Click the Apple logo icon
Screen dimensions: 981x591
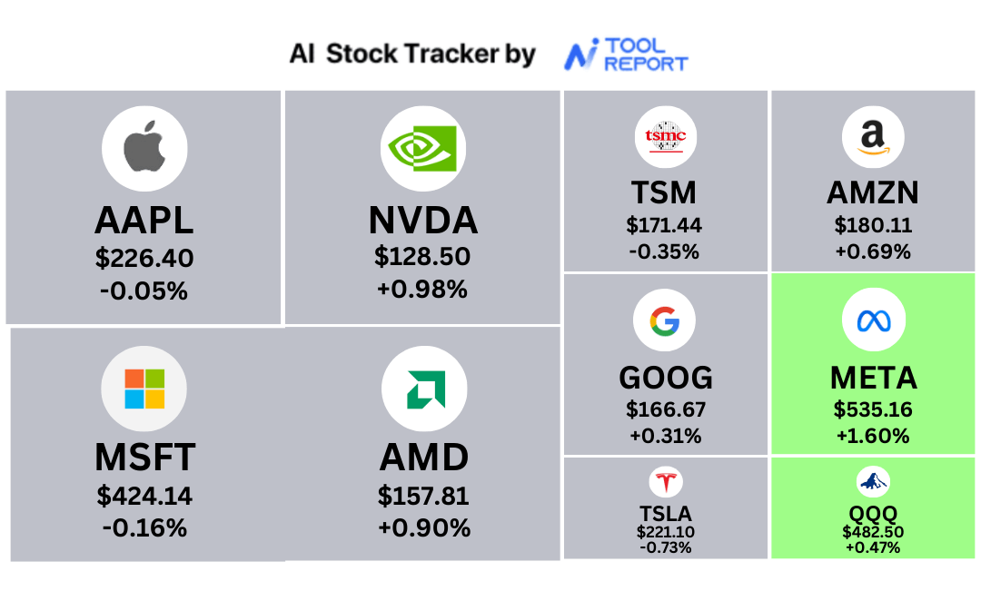pyautogui.click(x=144, y=148)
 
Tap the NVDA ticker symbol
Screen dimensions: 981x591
pyautogui.click(x=423, y=220)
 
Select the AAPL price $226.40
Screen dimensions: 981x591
pyautogui.click(x=144, y=258)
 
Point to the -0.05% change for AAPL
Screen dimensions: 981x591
pyautogui.click(x=144, y=291)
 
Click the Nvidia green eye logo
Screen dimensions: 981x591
pyautogui.click(x=423, y=148)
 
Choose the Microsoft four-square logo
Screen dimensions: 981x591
pyautogui.click(x=144, y=389)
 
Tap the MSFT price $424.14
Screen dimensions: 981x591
pyautogui.click(x=144, y=496)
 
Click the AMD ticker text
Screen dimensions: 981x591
pyautogui.click(x=424, y=458)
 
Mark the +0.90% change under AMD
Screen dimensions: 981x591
pyautogui.click(x=424, y=527)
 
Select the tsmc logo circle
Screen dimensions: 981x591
pyautogui.click(x=666, y=137)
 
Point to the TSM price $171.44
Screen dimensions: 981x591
pyautogui.click(x=664, y=225)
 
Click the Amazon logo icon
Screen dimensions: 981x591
pyautogui.click(x=874, y=137)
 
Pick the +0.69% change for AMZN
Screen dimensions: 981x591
pyautogui.click(x=874, y=251)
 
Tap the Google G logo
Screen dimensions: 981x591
pyautogui.click(x=664, y=320)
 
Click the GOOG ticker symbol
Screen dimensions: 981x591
pyautogui.click(x=666, y=378)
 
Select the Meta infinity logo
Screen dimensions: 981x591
pyautogui.click(x=874, y=320)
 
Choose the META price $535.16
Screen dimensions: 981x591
pyautogui.click(x=874, y=409)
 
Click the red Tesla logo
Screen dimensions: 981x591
pyautogui.click(x=665, y=482)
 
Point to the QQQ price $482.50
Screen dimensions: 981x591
pyautogui.click(x=873, y=532)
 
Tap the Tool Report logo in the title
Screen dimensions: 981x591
pyautogui.click(x=626, y=54)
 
